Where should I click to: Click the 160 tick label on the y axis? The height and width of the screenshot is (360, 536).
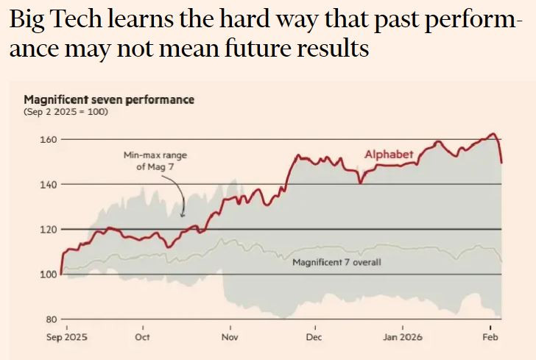(47, 139)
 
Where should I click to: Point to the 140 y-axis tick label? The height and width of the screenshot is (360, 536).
(47, 184)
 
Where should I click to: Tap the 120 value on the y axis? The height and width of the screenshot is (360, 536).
(47, 229)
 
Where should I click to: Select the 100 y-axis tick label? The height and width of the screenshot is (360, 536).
(47, 275)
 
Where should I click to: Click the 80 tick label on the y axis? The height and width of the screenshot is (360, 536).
(50, 320)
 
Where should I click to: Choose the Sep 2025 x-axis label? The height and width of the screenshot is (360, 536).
(66, 337)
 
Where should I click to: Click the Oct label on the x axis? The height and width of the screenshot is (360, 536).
(143, 337)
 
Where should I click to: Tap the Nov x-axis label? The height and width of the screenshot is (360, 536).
(229, 337)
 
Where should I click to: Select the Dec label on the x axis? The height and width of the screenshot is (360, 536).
(314, 337)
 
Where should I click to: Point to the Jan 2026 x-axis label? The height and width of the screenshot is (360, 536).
(403, 337)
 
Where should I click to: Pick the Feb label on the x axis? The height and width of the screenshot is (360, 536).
(490, 337)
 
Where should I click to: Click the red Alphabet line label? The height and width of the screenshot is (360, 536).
(389, 154)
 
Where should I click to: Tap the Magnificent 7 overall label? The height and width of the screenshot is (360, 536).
(336, 262)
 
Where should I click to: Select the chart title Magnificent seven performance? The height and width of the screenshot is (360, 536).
(109, 99)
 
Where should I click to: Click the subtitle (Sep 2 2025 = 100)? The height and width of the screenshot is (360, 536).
(66, 112)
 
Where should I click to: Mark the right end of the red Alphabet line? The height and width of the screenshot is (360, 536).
(501, 162)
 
